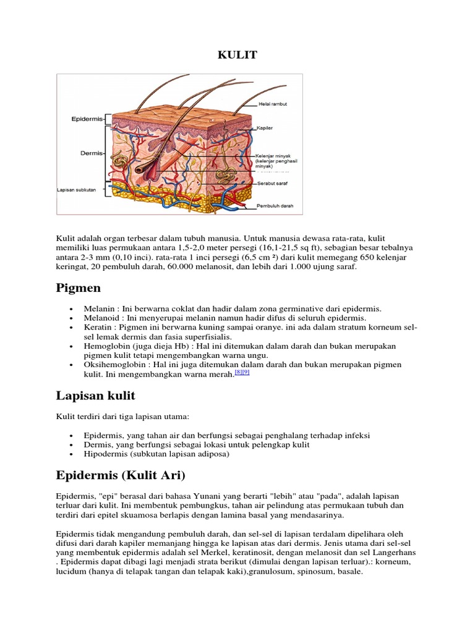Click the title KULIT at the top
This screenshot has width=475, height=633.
[237, 56]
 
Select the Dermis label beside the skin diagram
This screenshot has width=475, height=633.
[92, 152]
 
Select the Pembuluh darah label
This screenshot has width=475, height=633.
[276, 206]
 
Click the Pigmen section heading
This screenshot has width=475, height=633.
[78, 288]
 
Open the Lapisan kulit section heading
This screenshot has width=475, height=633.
[95, 396]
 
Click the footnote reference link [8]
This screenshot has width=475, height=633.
[237, 373]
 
